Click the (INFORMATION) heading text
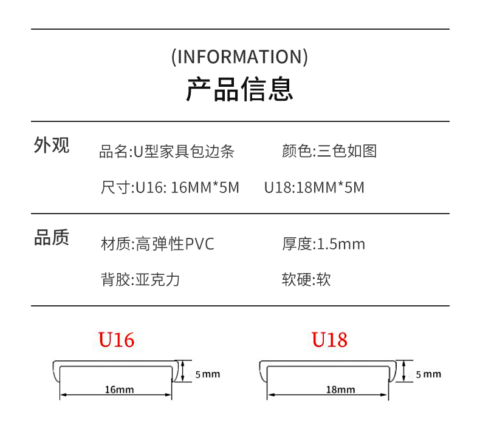(x=239, y=57)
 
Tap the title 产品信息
(x=239, y=89)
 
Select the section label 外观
(x=52, y=146)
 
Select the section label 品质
(x=52, y=238)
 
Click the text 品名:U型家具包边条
(x=167, y=151)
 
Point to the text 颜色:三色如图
(x=329, y=151)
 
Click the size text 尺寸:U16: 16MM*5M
(x=170, y=188)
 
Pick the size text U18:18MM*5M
(x=314, y=188)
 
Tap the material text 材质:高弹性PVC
(x=157, y=245)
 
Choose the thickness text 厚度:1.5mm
(x=323, y=245)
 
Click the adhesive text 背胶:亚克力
(x=140, y=280)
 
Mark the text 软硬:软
(x=306, y=280)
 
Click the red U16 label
(x=116, y=340)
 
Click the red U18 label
(x=329, y=340)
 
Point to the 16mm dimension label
(x=119, y=390)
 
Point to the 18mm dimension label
(x=340, y=390)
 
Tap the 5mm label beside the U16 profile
(x=208, y=374)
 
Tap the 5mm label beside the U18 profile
(x=428, y=374)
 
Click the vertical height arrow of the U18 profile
(x=403, y=370)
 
